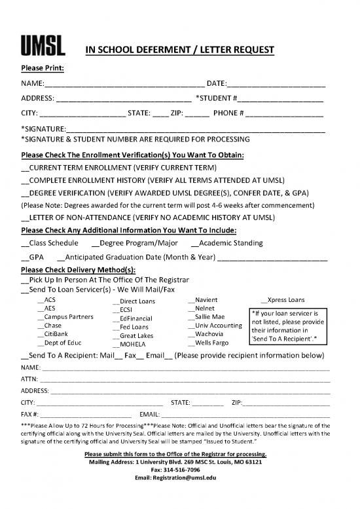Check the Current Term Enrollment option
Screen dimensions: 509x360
(26, 168)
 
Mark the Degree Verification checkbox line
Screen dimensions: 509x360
(26, 193)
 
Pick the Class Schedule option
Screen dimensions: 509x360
(26, 243)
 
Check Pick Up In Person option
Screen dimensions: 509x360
(26, 280)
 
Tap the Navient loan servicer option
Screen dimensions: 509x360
(191, 300)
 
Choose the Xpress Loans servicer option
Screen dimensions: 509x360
(264, 300)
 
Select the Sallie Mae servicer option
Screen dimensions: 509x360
(191, 317)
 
